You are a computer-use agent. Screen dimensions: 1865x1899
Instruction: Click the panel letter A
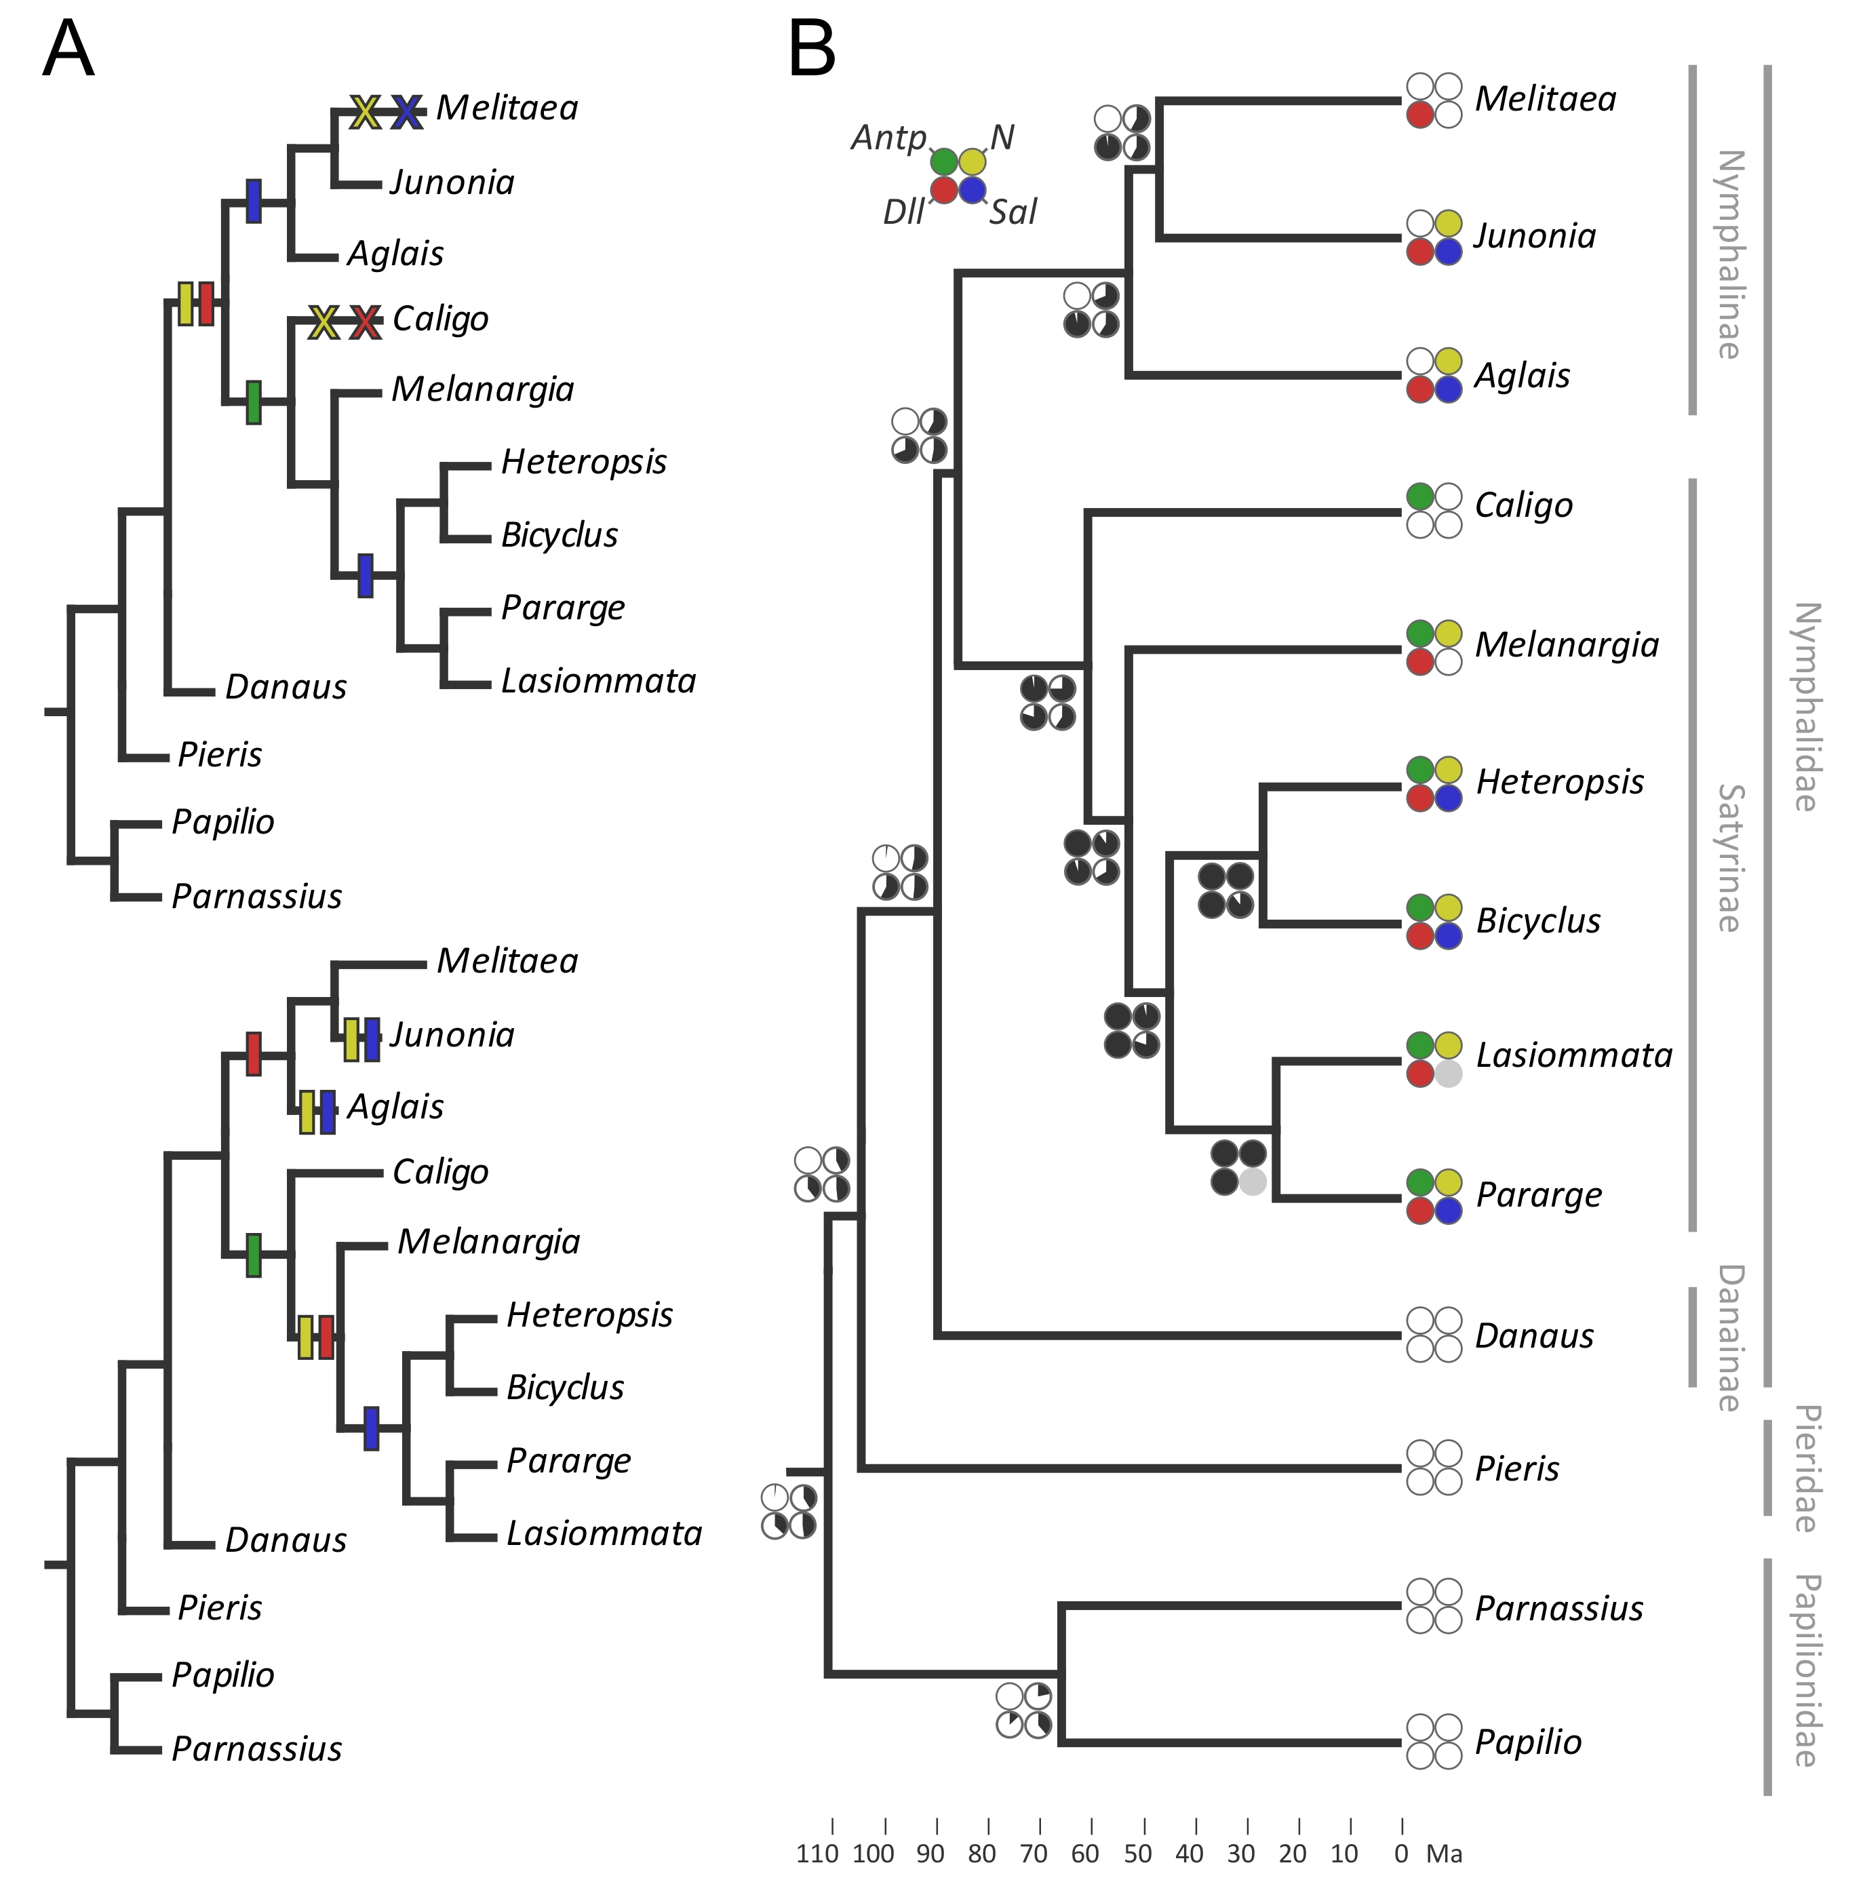pyautogui.click(x=68, y=49)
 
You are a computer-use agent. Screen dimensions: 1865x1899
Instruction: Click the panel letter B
pyautogui.click(x=812, y=49)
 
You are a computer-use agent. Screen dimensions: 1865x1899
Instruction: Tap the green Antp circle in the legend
pyautogui.click(x=944, y=161)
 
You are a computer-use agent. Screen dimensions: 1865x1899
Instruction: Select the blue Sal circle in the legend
pyautogui.click(x=973, y=190)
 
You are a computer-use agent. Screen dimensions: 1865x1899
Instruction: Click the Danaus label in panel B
pyautogui.click(x=1534, y=1336)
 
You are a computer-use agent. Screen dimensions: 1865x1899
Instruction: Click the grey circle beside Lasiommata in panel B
pyautogui.click(x=1449, y=1074)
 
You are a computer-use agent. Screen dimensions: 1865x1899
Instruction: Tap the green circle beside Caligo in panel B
pyautogui.click(x=1420, y=496)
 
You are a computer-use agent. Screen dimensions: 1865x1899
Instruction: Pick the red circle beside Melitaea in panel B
pyautogui.click(x=1420, y=115)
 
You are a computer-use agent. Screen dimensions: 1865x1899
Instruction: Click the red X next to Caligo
pyautogui.click(x=366, y=321)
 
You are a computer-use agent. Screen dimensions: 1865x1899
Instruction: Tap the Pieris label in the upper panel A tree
pyautogui.click(x=220, y=754)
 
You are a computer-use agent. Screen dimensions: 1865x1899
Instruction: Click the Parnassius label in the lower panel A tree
pyautogui.click(x=256, y=1748)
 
